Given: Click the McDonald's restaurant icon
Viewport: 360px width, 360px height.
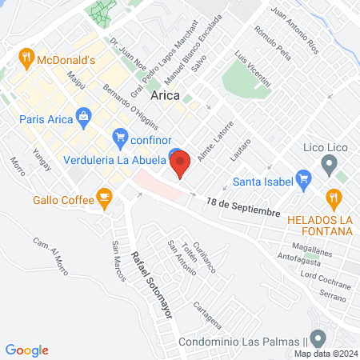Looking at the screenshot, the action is tap(26, 58).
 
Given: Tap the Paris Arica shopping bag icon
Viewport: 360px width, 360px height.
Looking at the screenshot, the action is tap(84, 117).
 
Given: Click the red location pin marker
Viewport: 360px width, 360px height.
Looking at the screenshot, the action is tap(181, 163).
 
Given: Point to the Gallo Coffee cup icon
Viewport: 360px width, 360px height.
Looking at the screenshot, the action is tap(103, 197).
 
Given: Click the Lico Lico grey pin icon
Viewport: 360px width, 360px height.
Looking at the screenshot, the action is tap(328, 166).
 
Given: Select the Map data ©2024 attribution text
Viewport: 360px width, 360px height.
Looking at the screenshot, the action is tap(324, 353).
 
